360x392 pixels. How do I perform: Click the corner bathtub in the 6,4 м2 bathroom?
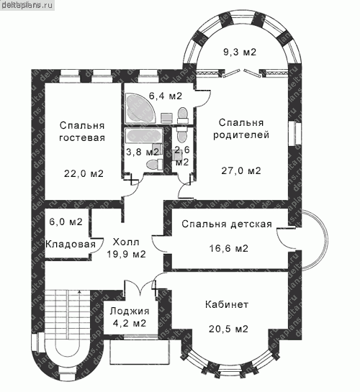pyautogui.click(x=140, y=108)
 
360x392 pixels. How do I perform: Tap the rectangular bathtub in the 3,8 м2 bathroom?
pyautogui.click(x=144, y=136)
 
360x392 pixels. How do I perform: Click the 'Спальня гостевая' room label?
pyautogui.click(x=82, y=132)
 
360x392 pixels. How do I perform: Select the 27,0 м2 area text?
pyautogui.click(x=241, y=170)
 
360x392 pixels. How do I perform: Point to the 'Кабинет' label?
pyautogui.click(x=227, y=304)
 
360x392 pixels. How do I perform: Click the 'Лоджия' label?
pyautogui.click(x=130, y=311)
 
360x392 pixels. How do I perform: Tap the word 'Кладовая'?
pyautogui.click(x=71, y=244)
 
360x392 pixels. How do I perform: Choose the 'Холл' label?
pyautogui.click(x=126, y=242)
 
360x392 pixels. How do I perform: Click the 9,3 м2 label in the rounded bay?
pyautogui.click(x=240, y=52)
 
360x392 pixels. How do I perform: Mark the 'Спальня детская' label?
pyautogui.click(x=227, y=224)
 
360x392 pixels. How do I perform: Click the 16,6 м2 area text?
pyautogui.click(x=229, y=248)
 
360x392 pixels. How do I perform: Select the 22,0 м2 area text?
pyautogui.click(x=84, y=173)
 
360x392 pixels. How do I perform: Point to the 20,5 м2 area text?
pyautogui.click(x=229, y=329)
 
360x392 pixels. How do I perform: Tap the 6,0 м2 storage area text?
pyautogui.click(x=66, y=222)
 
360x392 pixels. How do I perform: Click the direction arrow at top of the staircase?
pyautogui.click(x=80, y=291)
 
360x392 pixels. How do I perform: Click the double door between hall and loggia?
pyautogui.click(x=140, y=286)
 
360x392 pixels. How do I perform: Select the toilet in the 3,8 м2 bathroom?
pyautogui.click(x=154, y=165)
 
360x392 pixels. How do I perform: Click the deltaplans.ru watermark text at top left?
pyautogui.click(x=27, y=6)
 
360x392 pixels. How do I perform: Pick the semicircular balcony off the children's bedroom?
pyautogui.click(x=315, y=240)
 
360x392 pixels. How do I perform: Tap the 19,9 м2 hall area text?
pyautogui.click(x=126, y=254)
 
